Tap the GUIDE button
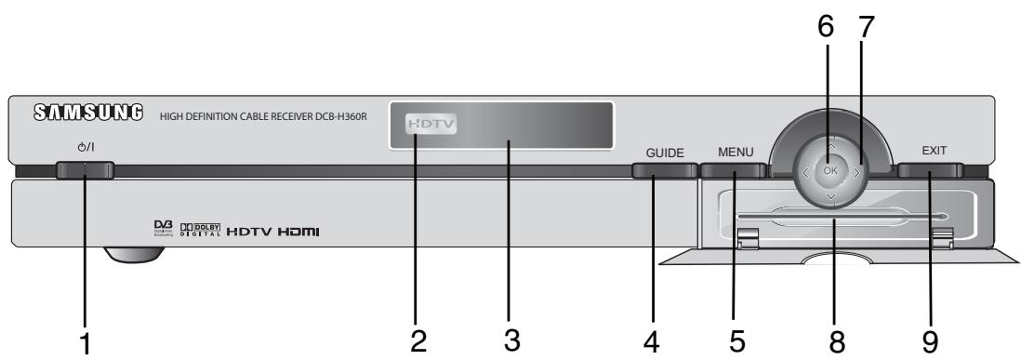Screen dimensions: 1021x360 [x=665, y=171]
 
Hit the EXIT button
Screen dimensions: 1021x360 [x=930, y=170]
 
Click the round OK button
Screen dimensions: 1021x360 [x=829, y=170]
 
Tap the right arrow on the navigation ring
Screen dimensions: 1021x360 [x=858, y=171]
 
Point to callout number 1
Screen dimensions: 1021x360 [x=86, y=342]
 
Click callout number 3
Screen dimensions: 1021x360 [x=510, y=341]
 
